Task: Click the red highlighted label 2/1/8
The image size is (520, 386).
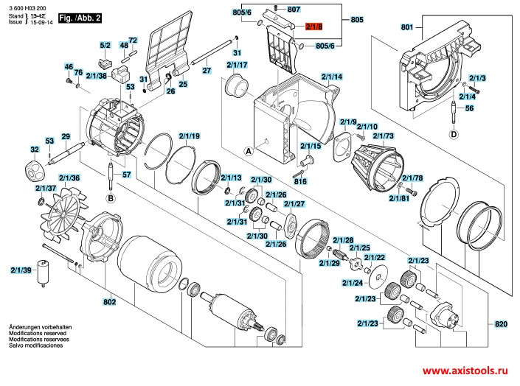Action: pyautogui.click(x=313, y=27)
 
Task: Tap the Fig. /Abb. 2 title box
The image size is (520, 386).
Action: pyautogui.click(x=80, y=18)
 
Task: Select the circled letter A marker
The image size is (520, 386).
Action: pyautogui.click(x=249, y=152)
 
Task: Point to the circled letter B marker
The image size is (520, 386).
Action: pyautogui.click(x=111, y=199)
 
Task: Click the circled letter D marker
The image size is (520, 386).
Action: pyautogui.click(x=454, y=135)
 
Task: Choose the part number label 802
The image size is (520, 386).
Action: pyautogui.click(x=109, y=302)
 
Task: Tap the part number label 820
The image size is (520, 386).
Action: pyautogui.click(x=501, y=323)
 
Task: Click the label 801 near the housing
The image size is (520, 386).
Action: pyautogui.click(x=407, y=27)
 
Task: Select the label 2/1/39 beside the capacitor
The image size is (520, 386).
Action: pyautogui.click(x=21, y=270)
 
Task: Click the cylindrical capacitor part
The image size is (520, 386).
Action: pyautogui.click(x=43, y=273)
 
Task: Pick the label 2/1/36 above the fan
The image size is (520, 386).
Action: pyautogui.click(x=69, y=178)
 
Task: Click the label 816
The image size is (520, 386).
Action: pyautogui.click(x=300, y=181)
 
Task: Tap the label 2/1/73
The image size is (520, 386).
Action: pyautogui.click(x=384, y=136)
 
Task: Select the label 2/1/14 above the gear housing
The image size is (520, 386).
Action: pyautogui.click(x=332, y=77)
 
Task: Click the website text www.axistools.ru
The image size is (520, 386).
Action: pyautogui.click(x=465, y=371)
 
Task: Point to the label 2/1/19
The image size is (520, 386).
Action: pyautogui.click(x=190, y=136)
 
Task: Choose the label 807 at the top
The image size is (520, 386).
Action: pyautogui.click(x=294, y=10)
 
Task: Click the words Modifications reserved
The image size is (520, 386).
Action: pyautogui.click(x=38, y=333)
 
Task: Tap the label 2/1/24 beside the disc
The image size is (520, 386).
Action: pyautogui.click(x=353, y=283)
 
